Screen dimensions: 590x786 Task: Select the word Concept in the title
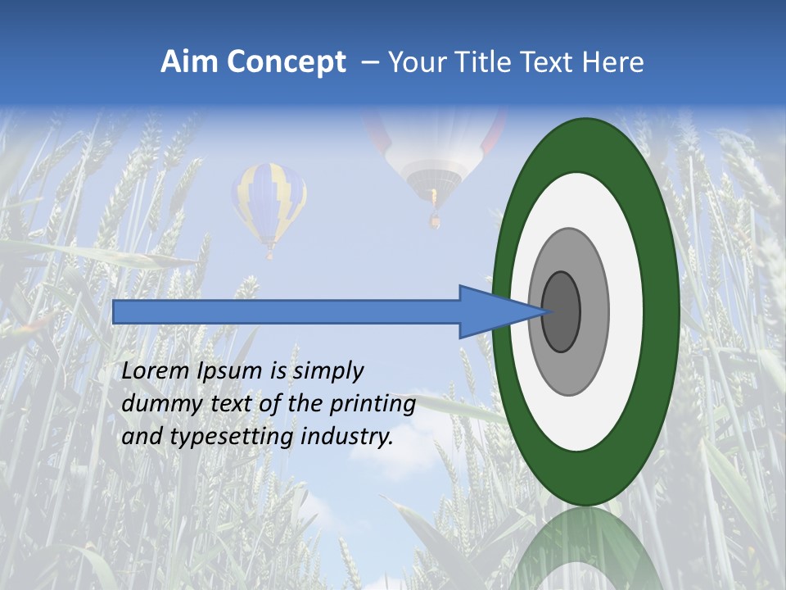pos(286,62)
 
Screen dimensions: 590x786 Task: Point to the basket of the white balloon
pos(435,219)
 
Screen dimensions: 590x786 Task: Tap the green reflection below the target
pos(585,549)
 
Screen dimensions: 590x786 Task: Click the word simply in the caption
pos(327,371)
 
